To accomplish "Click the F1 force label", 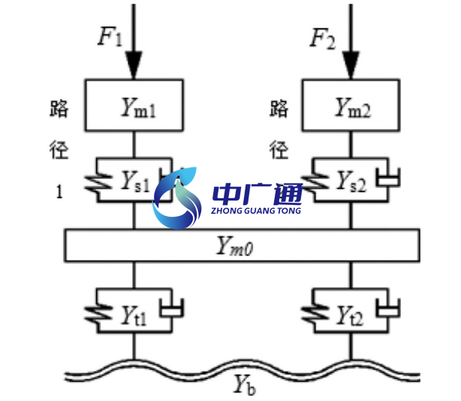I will (x=110, y=38).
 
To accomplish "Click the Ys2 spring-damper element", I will (x=350, y=180).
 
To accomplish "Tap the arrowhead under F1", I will (x=134, y=65).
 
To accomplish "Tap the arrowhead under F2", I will (x=350, y=65).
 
